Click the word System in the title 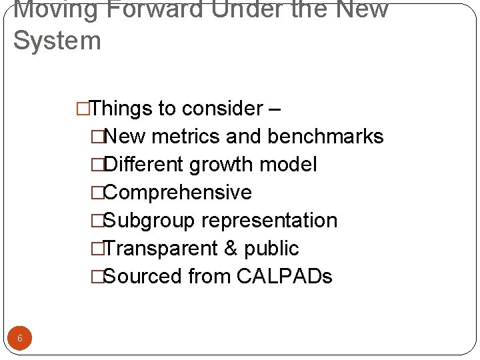pos(57,41)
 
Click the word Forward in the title pos(153,10)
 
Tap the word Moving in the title pos(53,10)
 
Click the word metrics pos(186,136)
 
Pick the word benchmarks pos(325,136)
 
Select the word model pos(288,164)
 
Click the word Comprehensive pos(178,192)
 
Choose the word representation pos(269,220)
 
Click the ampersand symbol pos(231,248)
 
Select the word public pos(272,248)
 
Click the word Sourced pos(143,276)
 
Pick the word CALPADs pos(284,276)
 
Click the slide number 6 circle pos(20,338)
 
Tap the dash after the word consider pos(277,109)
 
